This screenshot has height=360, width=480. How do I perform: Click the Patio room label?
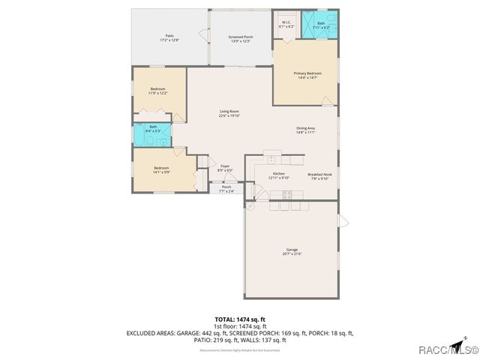[x=169, y=38]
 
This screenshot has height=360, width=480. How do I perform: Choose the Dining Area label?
[x=305, y=130]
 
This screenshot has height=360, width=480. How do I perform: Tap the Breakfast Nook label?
[x=319, y=176]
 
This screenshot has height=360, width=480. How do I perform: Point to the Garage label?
[x=292, y=251]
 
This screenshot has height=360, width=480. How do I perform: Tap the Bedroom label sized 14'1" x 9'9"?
[x=162, y=169]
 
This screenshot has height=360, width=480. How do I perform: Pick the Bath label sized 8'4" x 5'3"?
[x=153, y=128]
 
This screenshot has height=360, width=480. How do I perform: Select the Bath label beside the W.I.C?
[x=320, y=25]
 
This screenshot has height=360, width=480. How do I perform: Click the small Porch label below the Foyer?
[x=226, y=189]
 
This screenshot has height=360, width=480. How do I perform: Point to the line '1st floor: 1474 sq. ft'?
[x=240, y=326]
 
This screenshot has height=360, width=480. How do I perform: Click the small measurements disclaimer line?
[x=240, y=349]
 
